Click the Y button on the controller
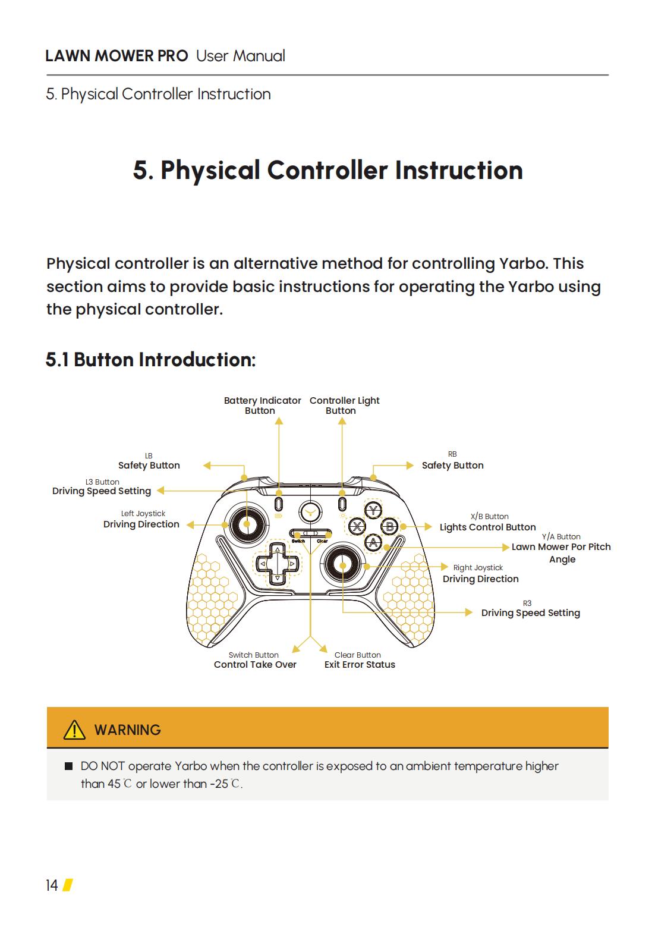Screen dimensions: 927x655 [373, 511]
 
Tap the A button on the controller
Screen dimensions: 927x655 [373, 542]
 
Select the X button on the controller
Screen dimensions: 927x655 [357, 526]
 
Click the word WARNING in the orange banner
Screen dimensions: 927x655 [127, 730]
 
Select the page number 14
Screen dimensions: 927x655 [52, 885]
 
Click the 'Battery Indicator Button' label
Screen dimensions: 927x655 [262, 406]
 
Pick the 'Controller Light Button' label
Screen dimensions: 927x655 [344, 406]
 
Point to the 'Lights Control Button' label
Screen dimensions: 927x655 [487, 527]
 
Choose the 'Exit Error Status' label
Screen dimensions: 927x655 [360, 665]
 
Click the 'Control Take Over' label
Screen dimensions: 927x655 [255, 665]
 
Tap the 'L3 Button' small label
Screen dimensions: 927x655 [102, 482]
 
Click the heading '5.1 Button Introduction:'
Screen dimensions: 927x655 [150, 360]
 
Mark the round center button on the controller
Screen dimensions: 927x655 [310, 510]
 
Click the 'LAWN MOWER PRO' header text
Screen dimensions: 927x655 [116, 56]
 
